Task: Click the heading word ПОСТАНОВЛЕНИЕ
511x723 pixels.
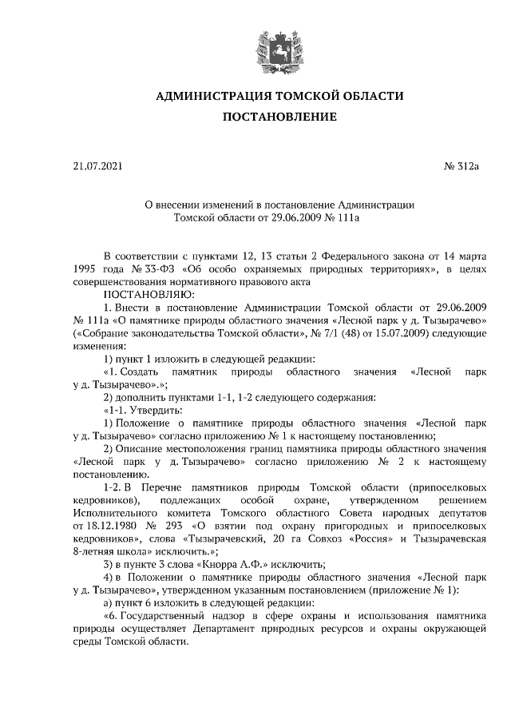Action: pyautogui.click(x=279, y=117)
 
